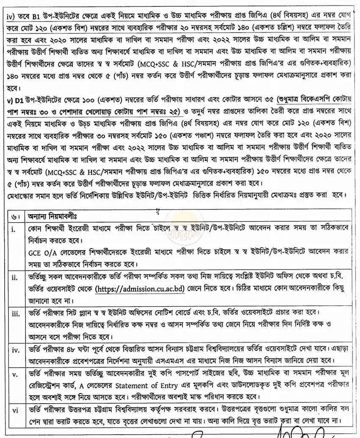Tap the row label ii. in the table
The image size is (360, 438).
(15, 279)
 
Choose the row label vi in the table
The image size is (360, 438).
(15, 410)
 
